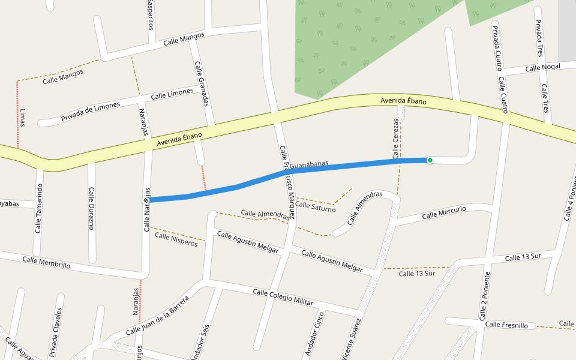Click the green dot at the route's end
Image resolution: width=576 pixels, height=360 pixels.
[x=430, y=160]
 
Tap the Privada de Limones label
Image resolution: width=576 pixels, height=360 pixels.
[x=91, y=110]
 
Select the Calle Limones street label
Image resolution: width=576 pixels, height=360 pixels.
[x=172, y=94]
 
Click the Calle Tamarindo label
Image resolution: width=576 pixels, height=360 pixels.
[x=39, y=208]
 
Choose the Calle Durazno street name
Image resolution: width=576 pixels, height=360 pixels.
[x=92, y=208]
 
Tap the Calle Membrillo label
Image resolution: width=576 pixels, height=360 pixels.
[x=46, y=262]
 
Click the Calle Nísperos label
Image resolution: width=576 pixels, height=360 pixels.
[x=176, y=239]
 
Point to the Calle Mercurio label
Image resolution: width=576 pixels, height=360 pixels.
[x=444, y=212]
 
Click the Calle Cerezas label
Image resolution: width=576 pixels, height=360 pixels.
[x=396, y=139]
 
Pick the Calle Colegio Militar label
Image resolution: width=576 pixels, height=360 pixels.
[x=283, y=297]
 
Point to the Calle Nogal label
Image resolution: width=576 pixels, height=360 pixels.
[x=542, y=68]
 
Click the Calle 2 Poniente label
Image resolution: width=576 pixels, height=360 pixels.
[x=484, y=295]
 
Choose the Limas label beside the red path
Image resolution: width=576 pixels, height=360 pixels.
[x=23, y=117]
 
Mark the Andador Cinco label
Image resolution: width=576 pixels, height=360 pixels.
[x=313, y=334]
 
